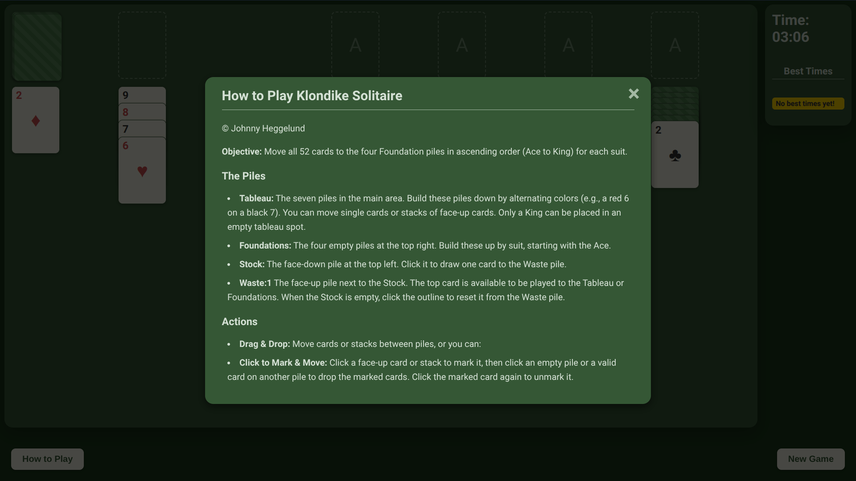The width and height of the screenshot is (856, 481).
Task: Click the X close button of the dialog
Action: point(634,94)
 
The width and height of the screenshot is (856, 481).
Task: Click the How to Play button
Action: point(47,459)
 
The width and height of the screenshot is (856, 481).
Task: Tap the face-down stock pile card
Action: point(37,47)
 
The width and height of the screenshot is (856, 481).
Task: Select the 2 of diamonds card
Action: point(36,120)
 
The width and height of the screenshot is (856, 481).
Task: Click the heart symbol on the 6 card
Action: point(142,171)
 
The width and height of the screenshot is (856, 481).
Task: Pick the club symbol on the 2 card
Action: point(675,155)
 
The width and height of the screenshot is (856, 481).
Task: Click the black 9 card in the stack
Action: point(142,95)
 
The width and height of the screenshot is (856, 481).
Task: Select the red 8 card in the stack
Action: point(142,112)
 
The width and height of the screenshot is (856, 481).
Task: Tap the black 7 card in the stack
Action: point(142,129)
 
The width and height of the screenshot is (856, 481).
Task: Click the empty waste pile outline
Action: point(142,45)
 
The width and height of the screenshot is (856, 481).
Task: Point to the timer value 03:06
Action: point(790,37)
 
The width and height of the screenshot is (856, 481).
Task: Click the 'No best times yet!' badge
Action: point(808,104)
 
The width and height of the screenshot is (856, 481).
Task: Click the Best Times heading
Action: point(808,71)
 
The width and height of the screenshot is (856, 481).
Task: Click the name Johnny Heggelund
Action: point(268,128)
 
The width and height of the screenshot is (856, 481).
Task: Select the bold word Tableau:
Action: point(256,198)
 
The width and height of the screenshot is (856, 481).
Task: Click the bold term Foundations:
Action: point(265,245)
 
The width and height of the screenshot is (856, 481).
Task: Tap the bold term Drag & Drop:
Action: point(264,344)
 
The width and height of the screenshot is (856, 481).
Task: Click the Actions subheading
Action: point(239,322)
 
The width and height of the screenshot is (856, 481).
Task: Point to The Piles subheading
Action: point(243,176)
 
